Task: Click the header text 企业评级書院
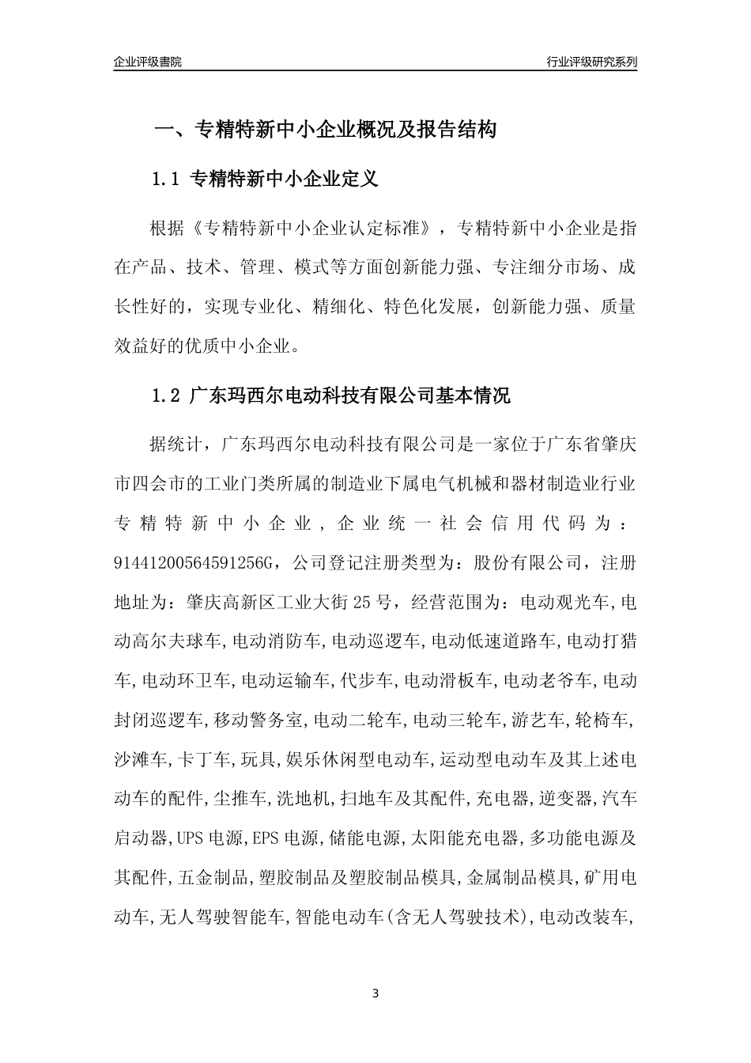148,62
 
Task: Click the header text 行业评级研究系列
591,62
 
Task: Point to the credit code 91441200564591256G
193,562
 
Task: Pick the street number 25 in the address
362,602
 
